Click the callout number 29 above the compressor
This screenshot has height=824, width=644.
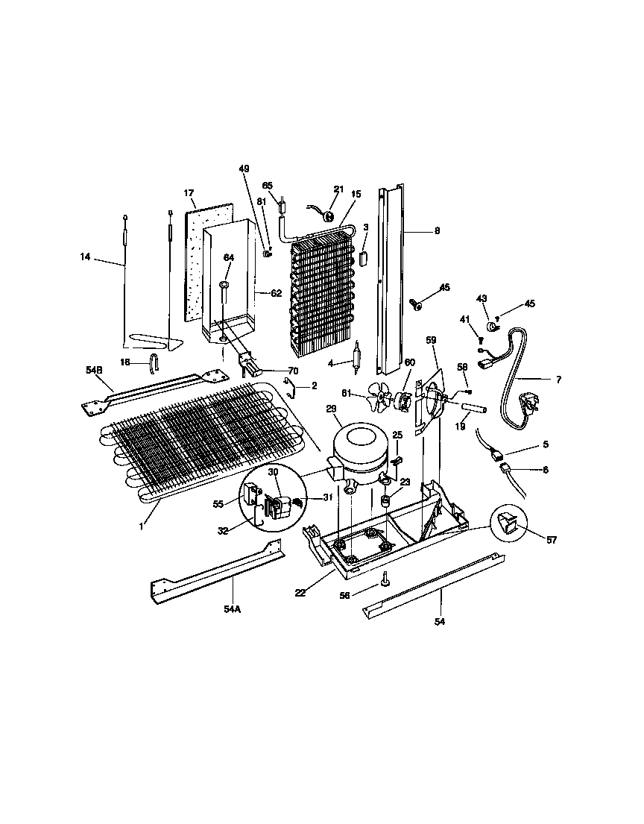pos(331,409)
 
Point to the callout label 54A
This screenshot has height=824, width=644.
pos(232,609)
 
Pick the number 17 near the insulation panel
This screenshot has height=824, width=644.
pos(189,194)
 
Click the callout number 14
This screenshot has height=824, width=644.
pos(86,257)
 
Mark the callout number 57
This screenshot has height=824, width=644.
pos(551,540)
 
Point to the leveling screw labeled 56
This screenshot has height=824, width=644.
pos(385,579)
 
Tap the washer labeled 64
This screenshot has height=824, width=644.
pos(224,286)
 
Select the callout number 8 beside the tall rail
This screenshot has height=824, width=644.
pos(437,231)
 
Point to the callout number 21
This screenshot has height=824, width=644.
pos(339,189)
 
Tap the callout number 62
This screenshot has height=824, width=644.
pos(276,294)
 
